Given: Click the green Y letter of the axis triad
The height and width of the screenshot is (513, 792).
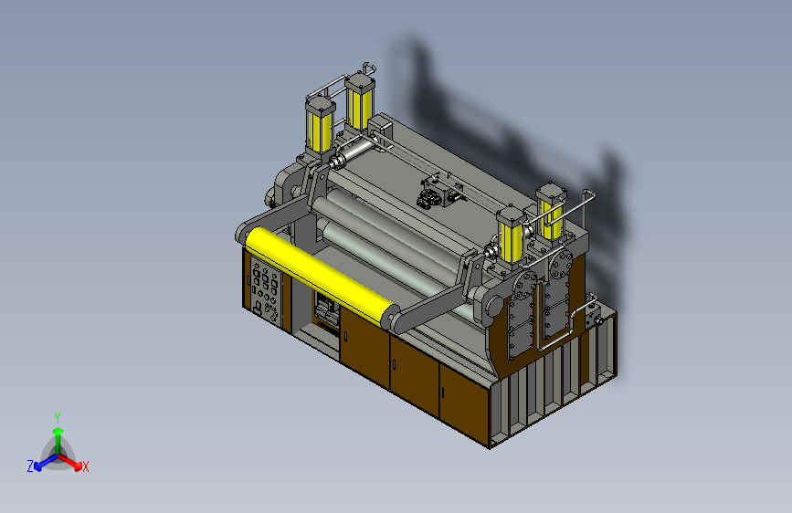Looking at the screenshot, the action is [58, 417].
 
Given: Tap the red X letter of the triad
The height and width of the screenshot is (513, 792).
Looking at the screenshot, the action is [85, 466].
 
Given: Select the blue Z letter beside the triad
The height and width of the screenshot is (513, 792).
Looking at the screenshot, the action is [30, 466].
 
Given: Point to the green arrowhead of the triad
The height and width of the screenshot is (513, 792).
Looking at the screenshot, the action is [58, 431].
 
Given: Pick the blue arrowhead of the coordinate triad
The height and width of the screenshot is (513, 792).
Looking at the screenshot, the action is [38, 466].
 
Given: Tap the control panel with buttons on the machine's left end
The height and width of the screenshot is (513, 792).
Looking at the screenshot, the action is [266, 289].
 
